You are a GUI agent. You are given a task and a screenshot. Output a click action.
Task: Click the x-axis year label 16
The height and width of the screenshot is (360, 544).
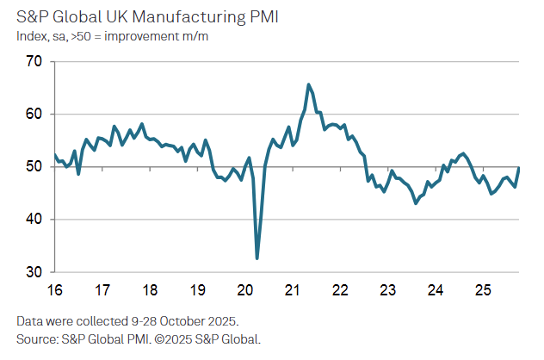[54, 289]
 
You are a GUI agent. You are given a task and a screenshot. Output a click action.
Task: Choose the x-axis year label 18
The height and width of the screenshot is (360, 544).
[149, 289]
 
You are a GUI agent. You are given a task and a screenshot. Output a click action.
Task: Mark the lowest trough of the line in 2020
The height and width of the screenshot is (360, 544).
[257, 258]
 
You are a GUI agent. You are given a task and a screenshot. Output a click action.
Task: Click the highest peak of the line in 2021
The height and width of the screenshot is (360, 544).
[308, 84]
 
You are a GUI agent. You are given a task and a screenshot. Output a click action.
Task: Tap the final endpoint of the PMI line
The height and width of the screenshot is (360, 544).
[519, 168]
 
